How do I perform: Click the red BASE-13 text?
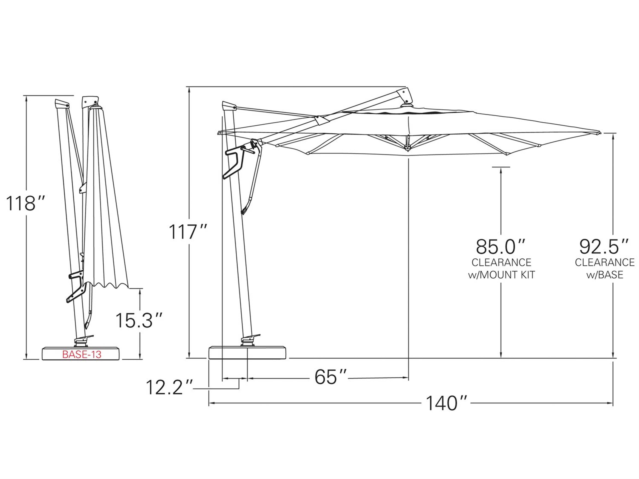[x=82, y=355]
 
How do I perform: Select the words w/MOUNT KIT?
[x=502, y=275]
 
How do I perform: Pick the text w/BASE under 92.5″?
[x=605, y=275]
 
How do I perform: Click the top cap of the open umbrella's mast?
[x=229, y=105]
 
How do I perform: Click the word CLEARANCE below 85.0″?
[x=502, y=262]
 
